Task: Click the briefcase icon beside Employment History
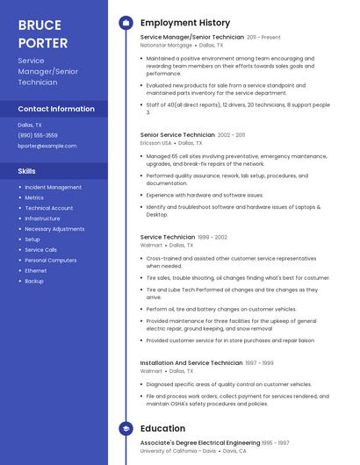coord(126,23)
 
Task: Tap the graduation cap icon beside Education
coord(126,428)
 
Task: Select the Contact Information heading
coord(56,109)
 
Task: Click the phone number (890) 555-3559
coord(38,135)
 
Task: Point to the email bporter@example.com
coord(41,146)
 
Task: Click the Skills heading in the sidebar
coord(27,171)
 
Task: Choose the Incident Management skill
coord(53,187)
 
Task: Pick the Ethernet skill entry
coord(35,270)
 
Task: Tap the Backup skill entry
coord(34,281)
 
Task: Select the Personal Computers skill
coord(50,260)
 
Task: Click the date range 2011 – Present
coord(263,38)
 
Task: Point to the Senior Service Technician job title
coord(177,135)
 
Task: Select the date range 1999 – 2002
coord(212,237)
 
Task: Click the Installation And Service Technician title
coord(191,362)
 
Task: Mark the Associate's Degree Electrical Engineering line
coord(200,443)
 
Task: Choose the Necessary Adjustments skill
coord(54,229)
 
